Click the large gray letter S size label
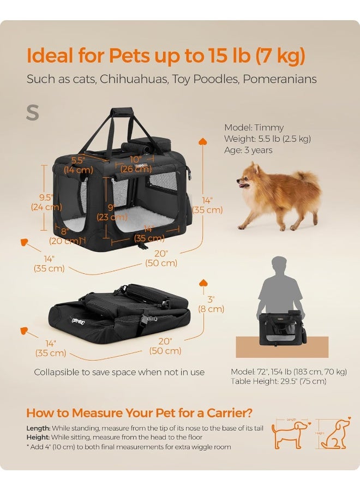coord(33,112)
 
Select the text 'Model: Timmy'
coord(254,128)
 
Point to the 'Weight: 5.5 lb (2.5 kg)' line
coord(267,139)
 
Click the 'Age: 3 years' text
coord(248,150)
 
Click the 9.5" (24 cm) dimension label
coord(46,202)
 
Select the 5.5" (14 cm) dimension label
coord(78,165)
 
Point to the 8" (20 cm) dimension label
coord(65,236)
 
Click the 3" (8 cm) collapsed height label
coord(211,304)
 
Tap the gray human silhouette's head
coord(280,265)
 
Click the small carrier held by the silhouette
coord(281,328)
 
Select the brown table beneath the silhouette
coord(282,347)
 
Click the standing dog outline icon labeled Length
coord(290,434)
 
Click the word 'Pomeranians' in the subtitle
coord(280,79)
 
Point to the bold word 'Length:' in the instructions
coord(38,428)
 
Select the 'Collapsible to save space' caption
coord(119,372)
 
